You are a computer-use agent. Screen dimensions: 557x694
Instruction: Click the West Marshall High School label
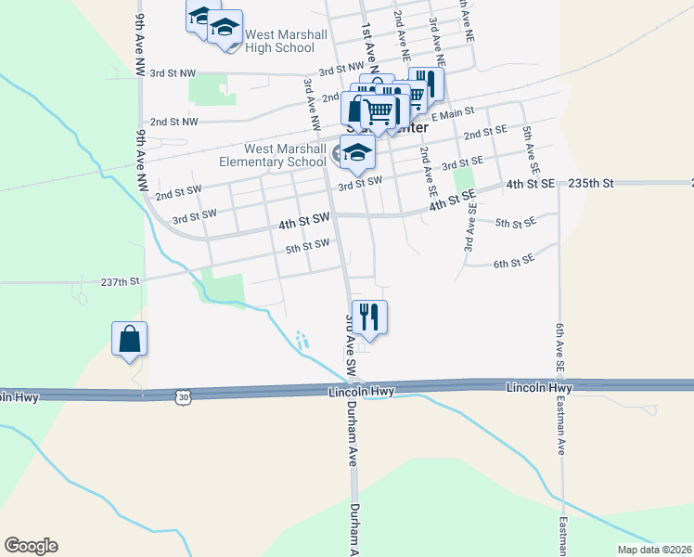pyautogui.click(x=285, y=41)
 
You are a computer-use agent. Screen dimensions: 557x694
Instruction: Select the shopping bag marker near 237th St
pyautogui.click(x=130, y=339)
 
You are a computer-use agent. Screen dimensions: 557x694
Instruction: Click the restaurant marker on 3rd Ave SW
pyautogui.click(x=369, y=317)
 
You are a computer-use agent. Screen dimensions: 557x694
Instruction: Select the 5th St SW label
pyautogui.click(x=308, y=247)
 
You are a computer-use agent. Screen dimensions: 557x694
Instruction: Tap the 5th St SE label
pyautogui.click(x=516, y=223)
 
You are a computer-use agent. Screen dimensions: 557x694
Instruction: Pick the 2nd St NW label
pyautogui.click(x=174, y=122)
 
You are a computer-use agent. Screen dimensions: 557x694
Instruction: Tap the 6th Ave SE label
pyautogui.click(x=560, y=343)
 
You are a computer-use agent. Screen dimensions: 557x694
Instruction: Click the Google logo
pyautogui.click(x=31, y=546)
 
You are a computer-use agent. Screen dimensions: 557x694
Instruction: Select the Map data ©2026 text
pyautogui.click(x=654, y=550)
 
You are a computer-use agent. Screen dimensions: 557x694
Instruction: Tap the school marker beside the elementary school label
pyautogui.click(x=355, y=153)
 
